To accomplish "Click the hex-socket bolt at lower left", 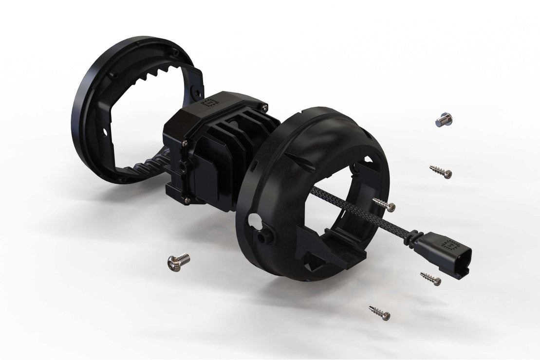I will tap(178, 262).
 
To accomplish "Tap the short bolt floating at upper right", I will tap(444, 119).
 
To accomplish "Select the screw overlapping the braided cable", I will tap(384, 204).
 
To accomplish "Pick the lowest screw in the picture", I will tap(380, 312).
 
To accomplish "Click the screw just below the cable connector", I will tap(430, 279).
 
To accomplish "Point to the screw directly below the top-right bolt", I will tap(441, 171).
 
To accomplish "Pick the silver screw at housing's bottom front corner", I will tap(187, 199).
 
